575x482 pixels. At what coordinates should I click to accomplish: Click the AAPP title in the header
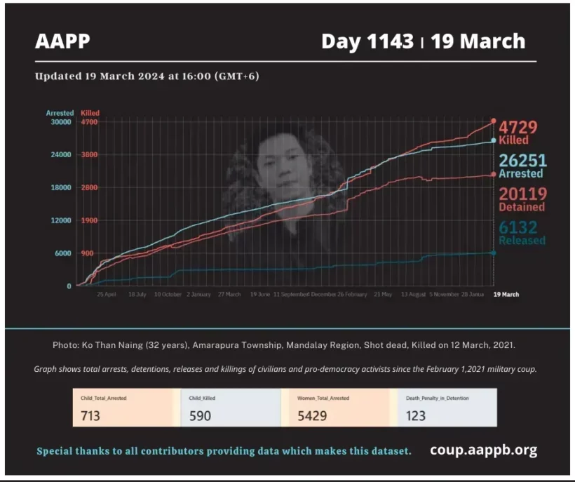click(x=63, y=41)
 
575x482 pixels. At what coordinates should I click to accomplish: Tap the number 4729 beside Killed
click(x=517, y=128)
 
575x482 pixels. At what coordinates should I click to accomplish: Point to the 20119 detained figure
click(x=522, y=194)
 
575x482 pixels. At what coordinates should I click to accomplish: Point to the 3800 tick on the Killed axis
click(x=90, y=155)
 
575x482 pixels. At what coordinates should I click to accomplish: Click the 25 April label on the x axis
click(x=107, y=295)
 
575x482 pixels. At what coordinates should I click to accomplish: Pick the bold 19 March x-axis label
click(x=507, y=295)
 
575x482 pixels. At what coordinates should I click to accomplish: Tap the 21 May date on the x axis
click(x=382, y=295)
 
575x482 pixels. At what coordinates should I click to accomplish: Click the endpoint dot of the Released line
click(x=493, y=253)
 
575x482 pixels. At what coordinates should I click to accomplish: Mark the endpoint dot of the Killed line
click(x=494, y=121)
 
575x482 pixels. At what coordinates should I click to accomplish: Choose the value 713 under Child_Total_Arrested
click(x=90, y=415)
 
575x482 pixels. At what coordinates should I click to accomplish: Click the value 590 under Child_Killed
click(x=200, y=415)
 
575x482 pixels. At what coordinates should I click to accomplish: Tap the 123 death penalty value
click(x=416, y=415)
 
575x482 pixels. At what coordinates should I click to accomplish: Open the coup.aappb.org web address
click(x=483, y=450)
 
